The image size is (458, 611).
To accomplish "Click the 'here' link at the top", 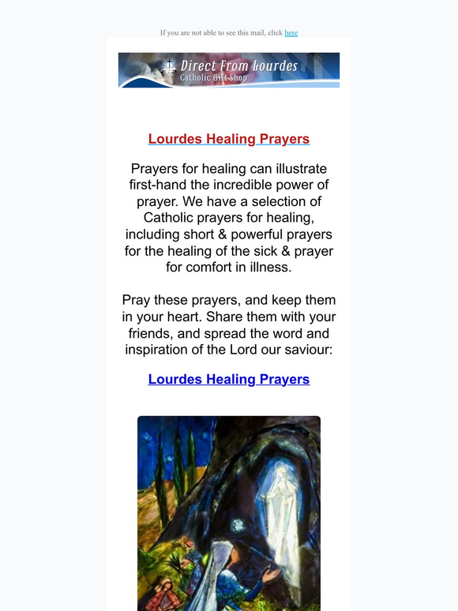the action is click(x=291, y=33).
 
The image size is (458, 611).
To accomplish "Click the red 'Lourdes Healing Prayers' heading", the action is click(x=229, y=139).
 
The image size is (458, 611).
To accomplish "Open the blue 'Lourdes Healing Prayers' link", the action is click(x=229, y=379).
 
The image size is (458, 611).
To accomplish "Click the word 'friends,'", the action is click(x=154, y=333).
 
